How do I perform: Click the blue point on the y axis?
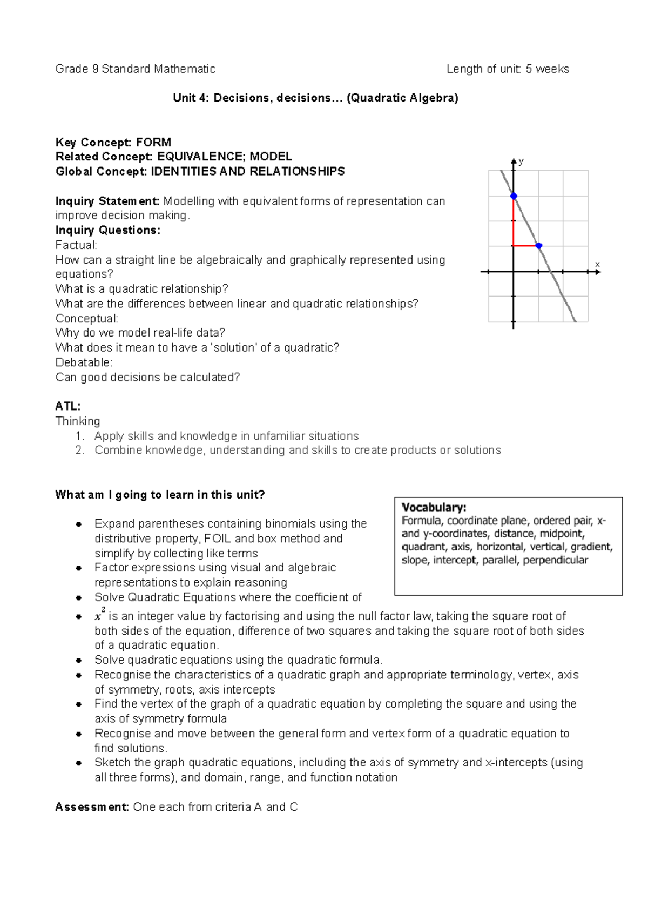(514, 196)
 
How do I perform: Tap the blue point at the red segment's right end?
(538, 246)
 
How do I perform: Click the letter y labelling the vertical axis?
(521, 161)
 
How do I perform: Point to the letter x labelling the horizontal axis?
(597, 264)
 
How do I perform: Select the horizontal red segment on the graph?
(525, 246)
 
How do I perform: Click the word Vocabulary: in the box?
(434, 507)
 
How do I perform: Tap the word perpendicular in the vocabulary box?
(555, 560)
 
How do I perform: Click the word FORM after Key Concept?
(153, 142)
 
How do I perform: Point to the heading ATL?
(68, 406)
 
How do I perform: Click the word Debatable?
(84, 362)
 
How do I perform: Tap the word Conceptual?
(86, 319)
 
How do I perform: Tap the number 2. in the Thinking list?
(80, 450)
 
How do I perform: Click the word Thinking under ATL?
(78, 421)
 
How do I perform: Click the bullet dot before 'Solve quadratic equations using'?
(79, 660)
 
